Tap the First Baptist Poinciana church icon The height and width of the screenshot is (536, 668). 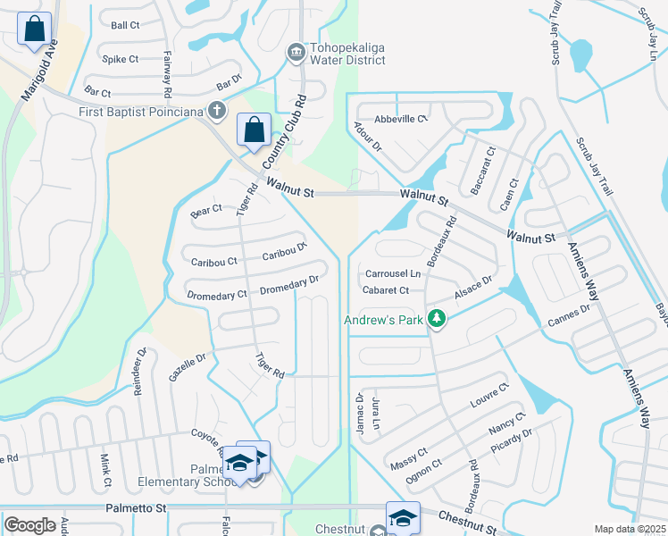[215, 111]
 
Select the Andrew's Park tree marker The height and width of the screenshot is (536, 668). [436, 319]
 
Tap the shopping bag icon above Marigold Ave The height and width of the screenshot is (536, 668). [34, 29]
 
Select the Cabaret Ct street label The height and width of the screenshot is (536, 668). [386, 290]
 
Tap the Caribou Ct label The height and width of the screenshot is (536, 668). [214, 262]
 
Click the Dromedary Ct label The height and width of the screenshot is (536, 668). [217, 295]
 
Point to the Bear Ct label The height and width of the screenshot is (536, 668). [206, 212]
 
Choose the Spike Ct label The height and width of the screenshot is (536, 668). [121, 59]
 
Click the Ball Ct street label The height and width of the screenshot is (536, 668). [125, 25]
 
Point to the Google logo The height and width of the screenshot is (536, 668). [29, 525]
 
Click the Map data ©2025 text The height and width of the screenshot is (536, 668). [630, 529]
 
